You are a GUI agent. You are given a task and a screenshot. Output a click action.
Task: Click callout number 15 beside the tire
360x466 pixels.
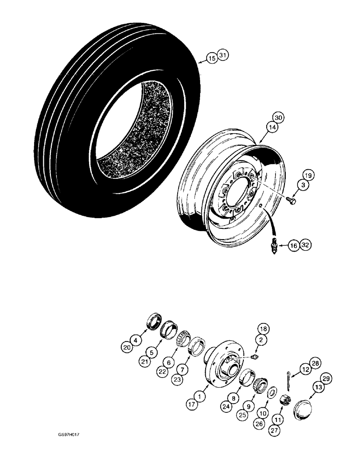click(x=212, y=58)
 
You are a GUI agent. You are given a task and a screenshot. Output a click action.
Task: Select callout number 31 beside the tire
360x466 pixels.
click(x=223, y=56)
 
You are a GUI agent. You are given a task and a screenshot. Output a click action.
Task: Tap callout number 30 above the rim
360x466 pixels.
click(x=279, y=117)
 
